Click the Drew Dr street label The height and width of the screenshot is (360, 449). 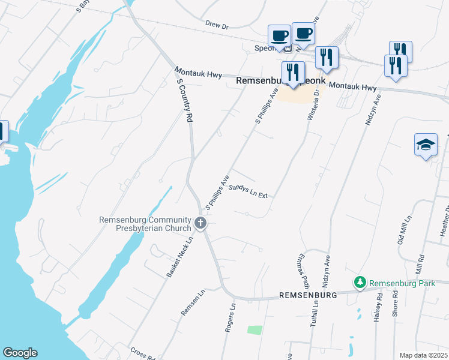tap(218, 26)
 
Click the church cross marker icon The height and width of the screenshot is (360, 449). tap(200, 224)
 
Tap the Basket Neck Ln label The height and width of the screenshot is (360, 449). tap(179, 257)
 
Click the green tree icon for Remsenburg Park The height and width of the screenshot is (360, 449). tap(360, 282)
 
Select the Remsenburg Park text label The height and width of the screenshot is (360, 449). tap(402, 283)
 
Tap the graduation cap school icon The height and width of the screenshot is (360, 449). tap(426, 145)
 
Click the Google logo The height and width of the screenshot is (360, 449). tap(20, 353)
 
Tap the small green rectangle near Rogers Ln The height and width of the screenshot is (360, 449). tap(255, 330)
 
